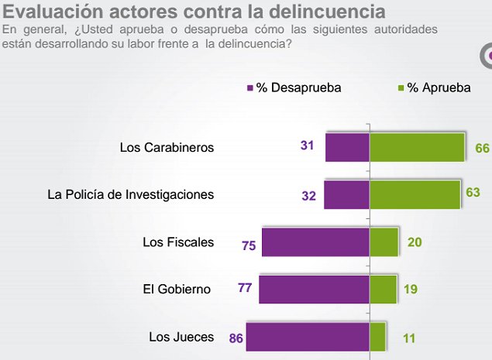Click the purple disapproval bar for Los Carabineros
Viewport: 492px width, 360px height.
click(x=347, y=147)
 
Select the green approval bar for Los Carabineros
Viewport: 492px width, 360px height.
click(x=417, y=147)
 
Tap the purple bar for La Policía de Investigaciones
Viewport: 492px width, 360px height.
click(x=346, y=194)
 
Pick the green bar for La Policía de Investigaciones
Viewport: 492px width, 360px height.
click(x=415, y=194)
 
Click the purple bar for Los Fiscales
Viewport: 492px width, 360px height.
click(x=315, y=242)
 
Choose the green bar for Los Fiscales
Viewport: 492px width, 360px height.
click(x=384, y=242)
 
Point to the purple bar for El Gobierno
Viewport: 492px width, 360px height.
click(x=314, y=289)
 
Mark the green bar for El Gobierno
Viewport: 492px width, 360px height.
click(x=383, y=289)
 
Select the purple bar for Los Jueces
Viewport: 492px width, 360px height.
click(x=307, y=337)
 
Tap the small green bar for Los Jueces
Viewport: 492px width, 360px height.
click(x=377, y=337)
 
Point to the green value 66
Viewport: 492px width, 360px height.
click(x=482, y=147)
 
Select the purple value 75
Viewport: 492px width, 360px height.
click(x=249, y=246)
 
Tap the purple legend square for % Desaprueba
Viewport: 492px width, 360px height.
click(x=249, y=87)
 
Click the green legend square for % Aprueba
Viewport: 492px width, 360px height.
click(x=401, y=87)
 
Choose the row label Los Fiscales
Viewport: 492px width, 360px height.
click(x=178, y=242)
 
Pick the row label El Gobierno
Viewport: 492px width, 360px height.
click(x=177, y=290)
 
